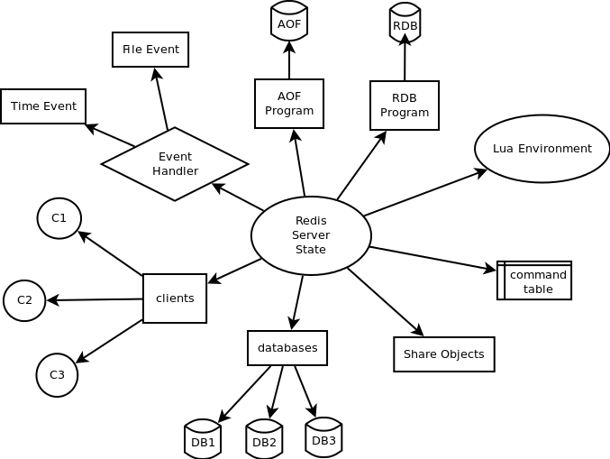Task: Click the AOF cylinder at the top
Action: click(x=288, y=23)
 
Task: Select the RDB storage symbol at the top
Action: click(x=405, y=24)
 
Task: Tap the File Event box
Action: click(x=150, y=50)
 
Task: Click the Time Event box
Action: click(x=43, y=106)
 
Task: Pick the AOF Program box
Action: click(x=289, y=104)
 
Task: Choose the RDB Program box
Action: click(x=405, y=106)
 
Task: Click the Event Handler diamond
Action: click(x=175, y=164)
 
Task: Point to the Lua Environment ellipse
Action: click(x=542, y=149)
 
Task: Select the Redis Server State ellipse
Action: click(x=311, y=235)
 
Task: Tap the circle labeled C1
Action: click(x=59, y=218)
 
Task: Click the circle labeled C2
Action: click(x=24, y=300)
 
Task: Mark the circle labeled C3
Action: click(x=57, y=375)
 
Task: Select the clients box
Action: click(x=175, y=298)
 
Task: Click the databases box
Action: click(x=287, y=348)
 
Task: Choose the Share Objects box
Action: click(x=444, y=354)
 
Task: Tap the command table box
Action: click(x=535, y=281)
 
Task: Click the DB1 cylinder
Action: click(x=203, y=440)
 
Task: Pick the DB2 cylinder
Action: click(x=264, y=440)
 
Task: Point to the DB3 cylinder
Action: click(x=323, y=438)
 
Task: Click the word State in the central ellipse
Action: click(x=311, y=250)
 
